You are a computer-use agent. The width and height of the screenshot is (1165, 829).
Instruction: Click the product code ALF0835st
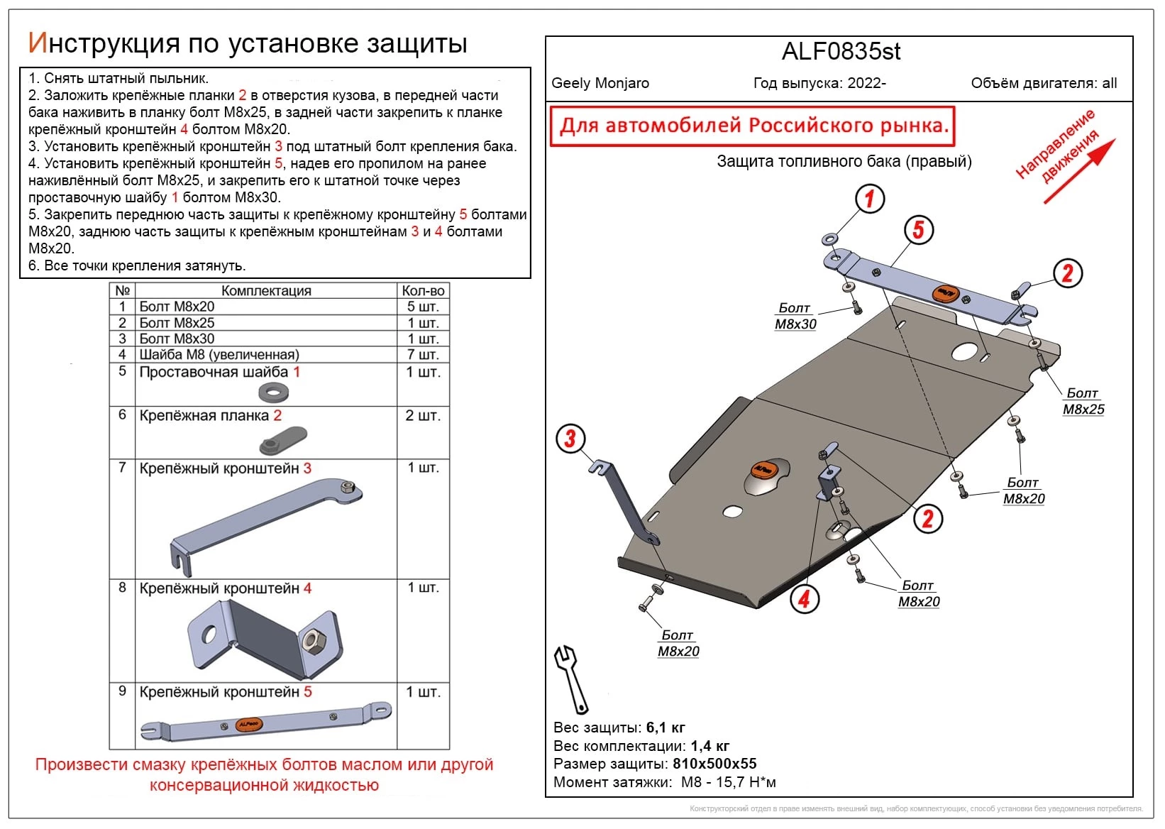pyautogui.click(x=841, y=52)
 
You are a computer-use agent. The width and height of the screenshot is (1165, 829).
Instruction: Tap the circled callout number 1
pyautogui.click(x=869, y=199)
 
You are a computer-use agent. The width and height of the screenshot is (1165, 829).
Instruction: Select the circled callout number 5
pyautogui.click(x=918, y=230)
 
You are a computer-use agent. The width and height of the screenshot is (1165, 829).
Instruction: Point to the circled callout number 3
pyautogui.click(x=570, y=439)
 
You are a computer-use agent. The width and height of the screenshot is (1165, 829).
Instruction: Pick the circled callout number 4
pyautogui.click(x=804, y=599)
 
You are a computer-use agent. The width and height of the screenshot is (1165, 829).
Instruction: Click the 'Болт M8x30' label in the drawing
pyautogui.click(x=795, y=317)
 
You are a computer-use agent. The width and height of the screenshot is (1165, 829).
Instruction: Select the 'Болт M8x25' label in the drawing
pyautogui.click(x=1083, y=402)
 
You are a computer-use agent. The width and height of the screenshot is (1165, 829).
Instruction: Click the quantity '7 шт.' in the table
pyautogui.click(x=423, y=354)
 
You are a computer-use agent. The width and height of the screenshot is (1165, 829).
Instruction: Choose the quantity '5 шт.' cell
pyautogui.click(x=423, y=307)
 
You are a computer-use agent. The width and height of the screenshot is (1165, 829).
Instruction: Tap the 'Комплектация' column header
pyautogui.click(x=266, y=290)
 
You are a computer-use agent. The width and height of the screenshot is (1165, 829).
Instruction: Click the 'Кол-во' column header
pyautogui.click(x=423, y=290)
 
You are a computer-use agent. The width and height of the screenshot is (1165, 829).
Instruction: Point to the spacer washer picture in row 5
pyautogui.click(x=273, y=391)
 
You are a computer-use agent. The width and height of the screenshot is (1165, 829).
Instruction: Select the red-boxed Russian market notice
pyautogui.click(x=753, y=126)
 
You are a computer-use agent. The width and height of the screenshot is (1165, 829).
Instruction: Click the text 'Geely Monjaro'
pyautogui.click(x=600, y=83)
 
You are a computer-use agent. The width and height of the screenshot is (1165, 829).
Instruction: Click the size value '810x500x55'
pyautogui.click(x=714, y=764)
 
